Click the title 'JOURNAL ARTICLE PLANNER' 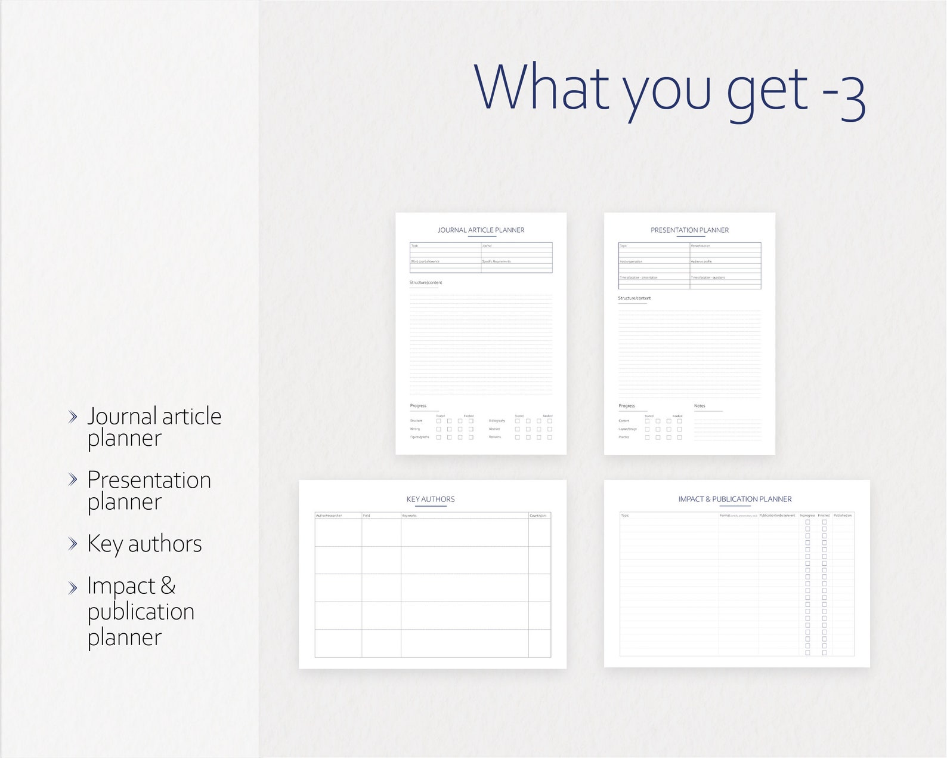click(481, 230)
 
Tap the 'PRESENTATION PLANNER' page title click(689, 230)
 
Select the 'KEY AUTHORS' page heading click(431, 500)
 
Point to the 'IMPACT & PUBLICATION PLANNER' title click(735, 500)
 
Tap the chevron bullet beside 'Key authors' click(73, 544)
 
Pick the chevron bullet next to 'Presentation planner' click(73, 479)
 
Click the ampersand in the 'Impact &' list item click(168, 586)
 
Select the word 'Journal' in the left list click(122, 417)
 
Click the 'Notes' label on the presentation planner click(700, 406)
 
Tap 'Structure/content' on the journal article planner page click(426, 283)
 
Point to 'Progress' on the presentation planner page click(627, 406)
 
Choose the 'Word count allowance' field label click(425, 261)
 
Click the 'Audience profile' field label click(701, 261)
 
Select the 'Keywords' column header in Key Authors click(409, 516)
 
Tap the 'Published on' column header click(843, 516)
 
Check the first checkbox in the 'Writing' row click(439, 429)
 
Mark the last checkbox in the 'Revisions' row click(549, 437)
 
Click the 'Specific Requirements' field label click(496, 261)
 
